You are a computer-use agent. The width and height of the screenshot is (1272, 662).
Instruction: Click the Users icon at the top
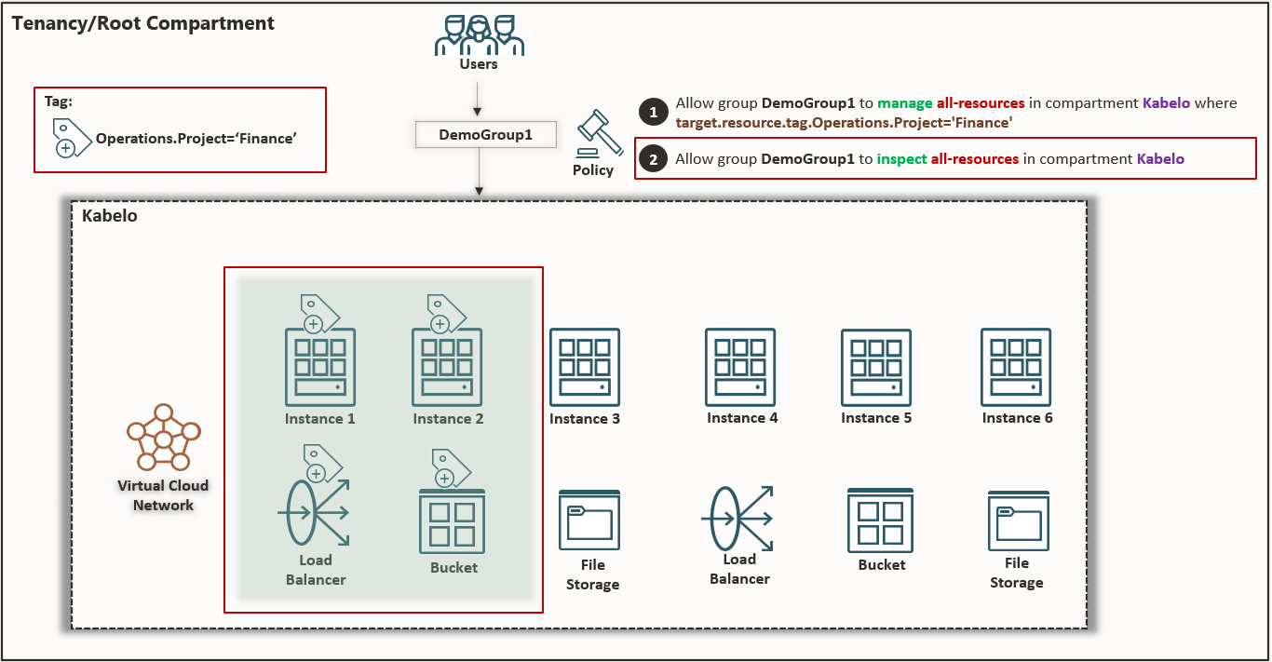(x=479, y=35)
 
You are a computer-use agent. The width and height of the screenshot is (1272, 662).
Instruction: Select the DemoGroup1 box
(x=485, y=135)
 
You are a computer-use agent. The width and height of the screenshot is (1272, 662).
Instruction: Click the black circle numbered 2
(x=654, y=159)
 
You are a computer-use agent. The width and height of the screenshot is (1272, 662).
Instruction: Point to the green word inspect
(x=901, y=159)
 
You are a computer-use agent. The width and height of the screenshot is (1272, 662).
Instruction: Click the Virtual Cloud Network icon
(x=163, y=438)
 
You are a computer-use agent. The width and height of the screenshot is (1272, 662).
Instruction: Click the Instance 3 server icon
(x=585, y=366)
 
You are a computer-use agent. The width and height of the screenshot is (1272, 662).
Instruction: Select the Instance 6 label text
(x=1017, y=418)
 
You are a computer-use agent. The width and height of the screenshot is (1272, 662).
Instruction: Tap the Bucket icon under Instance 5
(x=880, y=520)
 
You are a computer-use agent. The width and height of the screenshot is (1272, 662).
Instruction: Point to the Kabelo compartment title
(x=110, y=216)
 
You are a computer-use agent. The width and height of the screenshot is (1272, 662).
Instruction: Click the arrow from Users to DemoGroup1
(x=478, y=98)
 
